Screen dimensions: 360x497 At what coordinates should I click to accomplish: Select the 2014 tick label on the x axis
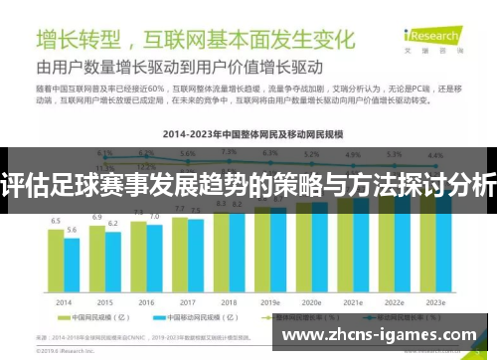click(65, 301)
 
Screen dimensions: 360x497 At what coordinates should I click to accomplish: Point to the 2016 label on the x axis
click(146, 301)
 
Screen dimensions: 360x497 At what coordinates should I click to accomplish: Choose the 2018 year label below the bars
click(229, 301)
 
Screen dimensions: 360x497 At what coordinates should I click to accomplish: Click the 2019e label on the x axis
click(270, 301)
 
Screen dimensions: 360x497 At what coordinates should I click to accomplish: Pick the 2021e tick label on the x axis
click(353, 301)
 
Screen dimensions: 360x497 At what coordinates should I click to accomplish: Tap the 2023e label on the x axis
click(435, 301)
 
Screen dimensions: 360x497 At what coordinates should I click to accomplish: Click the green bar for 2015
click(97, 259)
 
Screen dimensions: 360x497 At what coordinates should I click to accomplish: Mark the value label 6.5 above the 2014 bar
click(57, 221)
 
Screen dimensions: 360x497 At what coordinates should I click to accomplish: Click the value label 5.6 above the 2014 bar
click(72, 230)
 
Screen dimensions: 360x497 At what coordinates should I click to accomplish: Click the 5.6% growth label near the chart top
click(188, 154)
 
